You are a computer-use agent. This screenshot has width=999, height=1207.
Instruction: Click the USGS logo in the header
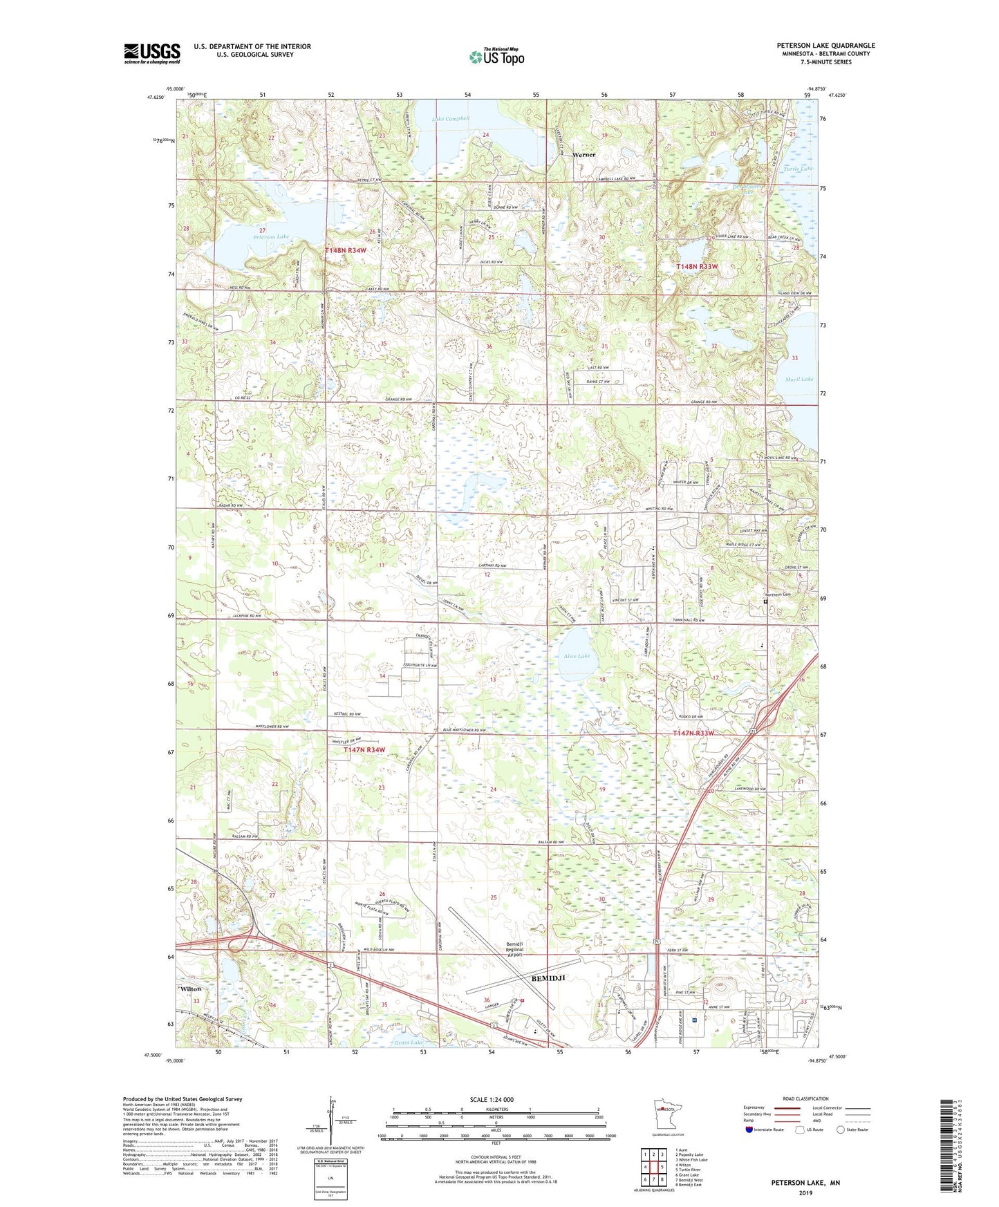(152, 53)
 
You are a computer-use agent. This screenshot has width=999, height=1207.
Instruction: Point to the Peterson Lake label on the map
(270, 236)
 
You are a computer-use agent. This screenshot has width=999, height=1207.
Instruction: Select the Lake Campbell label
(451, 119)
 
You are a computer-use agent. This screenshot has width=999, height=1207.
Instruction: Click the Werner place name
(583, 155)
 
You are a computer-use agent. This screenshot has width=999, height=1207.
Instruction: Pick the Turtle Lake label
(798, 169)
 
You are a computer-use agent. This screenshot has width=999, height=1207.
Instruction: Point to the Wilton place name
(191, 989)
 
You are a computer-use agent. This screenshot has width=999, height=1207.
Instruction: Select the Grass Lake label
(408, 1042)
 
